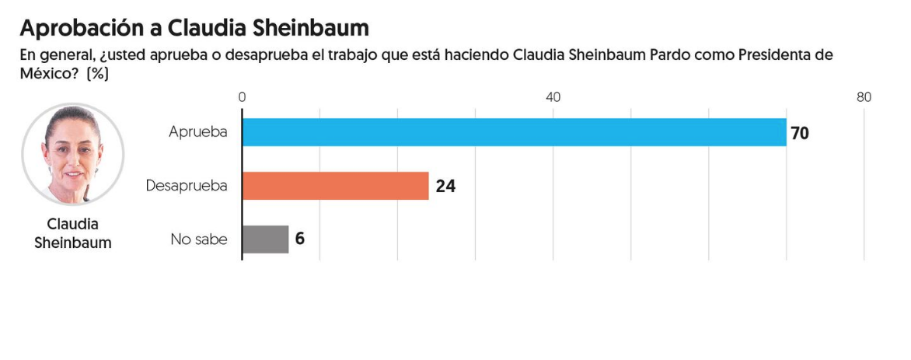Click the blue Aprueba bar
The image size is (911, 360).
click(514, 132)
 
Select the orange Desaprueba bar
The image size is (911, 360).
click(335, 186)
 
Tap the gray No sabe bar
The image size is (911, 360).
click(265, 239)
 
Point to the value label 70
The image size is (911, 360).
click(800, 133)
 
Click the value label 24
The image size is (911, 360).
click(445, 187)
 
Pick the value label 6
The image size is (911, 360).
click(299, 239)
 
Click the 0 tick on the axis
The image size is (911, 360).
click(242, 97)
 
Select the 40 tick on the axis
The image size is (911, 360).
click(553, 97)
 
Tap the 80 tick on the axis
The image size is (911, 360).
click(864, 97)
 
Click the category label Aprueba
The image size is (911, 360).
click(198, 132)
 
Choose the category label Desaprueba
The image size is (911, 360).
click(187, 186)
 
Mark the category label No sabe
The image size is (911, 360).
click(199, 239)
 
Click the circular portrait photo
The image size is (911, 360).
click(73, 154)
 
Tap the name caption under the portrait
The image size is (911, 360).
click(73, 233)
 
